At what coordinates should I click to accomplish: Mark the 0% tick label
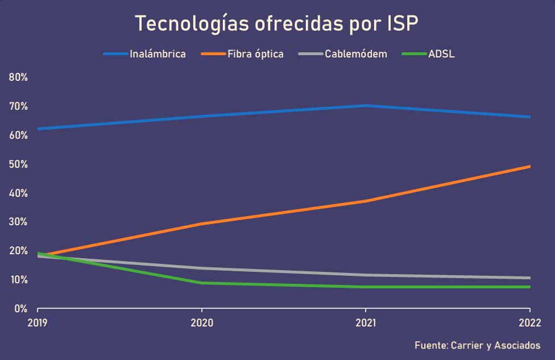click(20, 309)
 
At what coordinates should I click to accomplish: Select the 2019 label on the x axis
click(38, 322)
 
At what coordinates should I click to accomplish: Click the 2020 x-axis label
click(201, 322)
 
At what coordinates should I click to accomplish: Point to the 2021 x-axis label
click(365, 322)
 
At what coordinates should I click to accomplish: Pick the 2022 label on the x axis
click(529, 322)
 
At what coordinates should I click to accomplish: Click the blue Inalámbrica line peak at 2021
click(365, 106)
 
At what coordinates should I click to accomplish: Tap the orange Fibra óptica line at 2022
click(529, 167)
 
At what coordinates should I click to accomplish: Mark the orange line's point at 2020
click(201, 224)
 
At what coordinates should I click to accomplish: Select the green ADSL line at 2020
click(201, 283)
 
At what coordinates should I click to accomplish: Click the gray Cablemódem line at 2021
click(365, 275)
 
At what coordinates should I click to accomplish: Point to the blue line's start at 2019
click(38, 129)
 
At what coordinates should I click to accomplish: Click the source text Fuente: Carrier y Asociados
click(477, 345)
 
